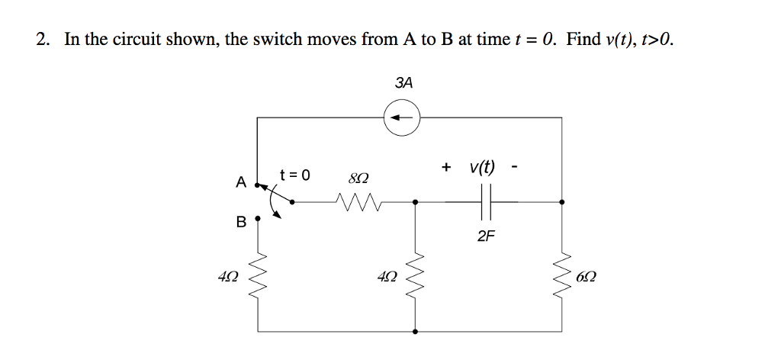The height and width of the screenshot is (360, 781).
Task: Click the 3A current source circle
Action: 402,117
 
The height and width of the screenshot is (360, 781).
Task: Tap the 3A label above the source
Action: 404,83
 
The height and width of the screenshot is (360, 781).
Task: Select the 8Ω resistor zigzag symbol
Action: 357,202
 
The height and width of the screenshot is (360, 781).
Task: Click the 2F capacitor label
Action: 486,236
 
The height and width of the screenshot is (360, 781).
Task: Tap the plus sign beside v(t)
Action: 446,167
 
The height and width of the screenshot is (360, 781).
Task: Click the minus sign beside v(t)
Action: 516,167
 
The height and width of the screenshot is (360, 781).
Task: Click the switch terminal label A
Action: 240,183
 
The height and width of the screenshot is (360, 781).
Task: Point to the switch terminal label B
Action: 241,223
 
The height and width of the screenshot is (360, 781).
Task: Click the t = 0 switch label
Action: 294,175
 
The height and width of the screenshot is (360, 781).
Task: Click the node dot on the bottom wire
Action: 415,332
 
